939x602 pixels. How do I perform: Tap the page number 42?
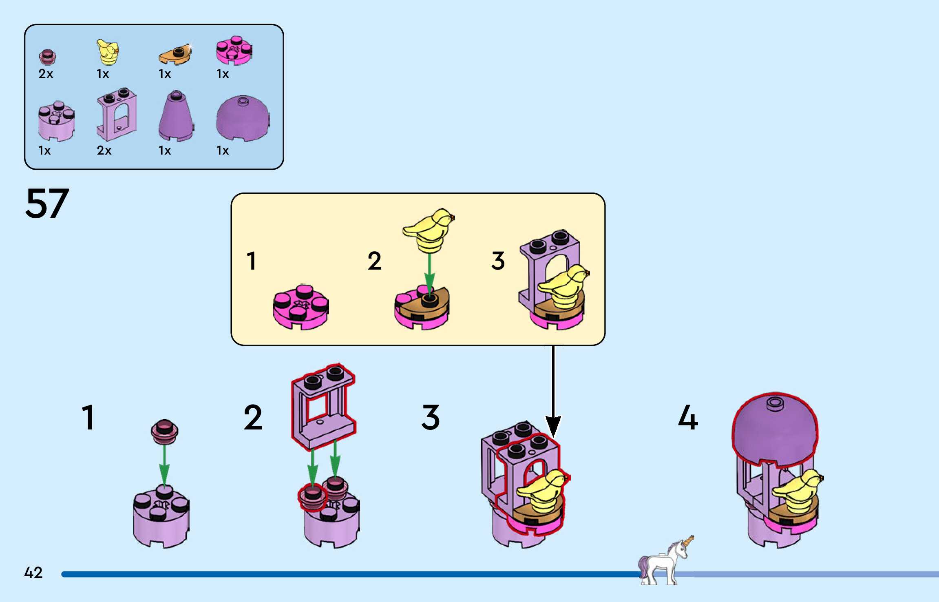point(33,573)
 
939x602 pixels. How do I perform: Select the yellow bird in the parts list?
point(108,52)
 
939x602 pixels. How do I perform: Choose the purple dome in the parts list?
point(243,118)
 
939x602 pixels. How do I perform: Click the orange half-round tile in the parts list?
point(175,55)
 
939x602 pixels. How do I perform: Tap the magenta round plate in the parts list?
point(234,51)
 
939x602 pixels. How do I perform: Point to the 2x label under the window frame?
point(104,150)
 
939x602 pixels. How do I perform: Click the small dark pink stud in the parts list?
point(47,57)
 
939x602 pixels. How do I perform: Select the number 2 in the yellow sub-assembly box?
point(374,261)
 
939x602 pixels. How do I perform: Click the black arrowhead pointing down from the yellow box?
point(553,426)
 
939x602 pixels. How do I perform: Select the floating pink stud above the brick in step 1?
point(164,432)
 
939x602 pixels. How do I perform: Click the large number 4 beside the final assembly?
point(688,418)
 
